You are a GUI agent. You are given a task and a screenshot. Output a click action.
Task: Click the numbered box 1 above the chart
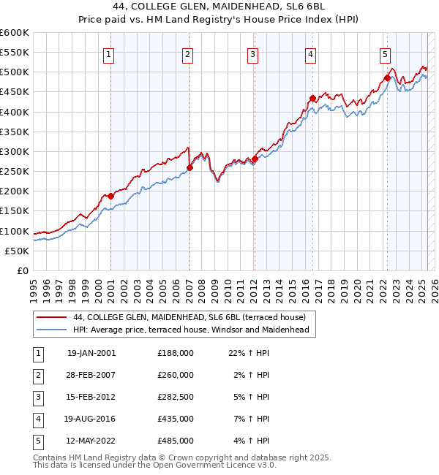coord(108,53)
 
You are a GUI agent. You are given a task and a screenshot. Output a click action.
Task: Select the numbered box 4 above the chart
coord(311,53)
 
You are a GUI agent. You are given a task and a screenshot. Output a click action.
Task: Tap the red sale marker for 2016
coord(312,98)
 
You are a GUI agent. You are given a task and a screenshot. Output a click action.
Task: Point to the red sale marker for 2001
coord(110,196)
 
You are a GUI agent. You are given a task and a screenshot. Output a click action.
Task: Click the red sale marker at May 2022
coord(386,78)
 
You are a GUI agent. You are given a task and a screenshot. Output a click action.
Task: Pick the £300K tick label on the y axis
coord(15,151)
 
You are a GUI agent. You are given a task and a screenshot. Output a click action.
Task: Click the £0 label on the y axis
coord(22,270)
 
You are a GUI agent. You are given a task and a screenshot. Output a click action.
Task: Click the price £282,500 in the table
coord(176,397)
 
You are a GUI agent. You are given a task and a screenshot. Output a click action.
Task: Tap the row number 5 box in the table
coord(37,441)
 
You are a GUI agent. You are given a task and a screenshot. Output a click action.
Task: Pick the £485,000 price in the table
coord(176,441)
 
